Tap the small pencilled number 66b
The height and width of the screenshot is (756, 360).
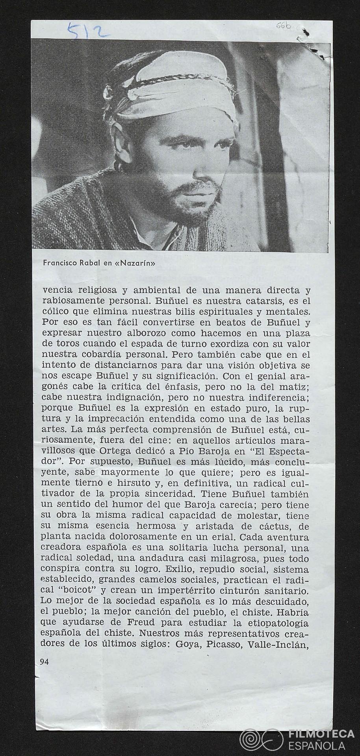(x=283, y=26)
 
